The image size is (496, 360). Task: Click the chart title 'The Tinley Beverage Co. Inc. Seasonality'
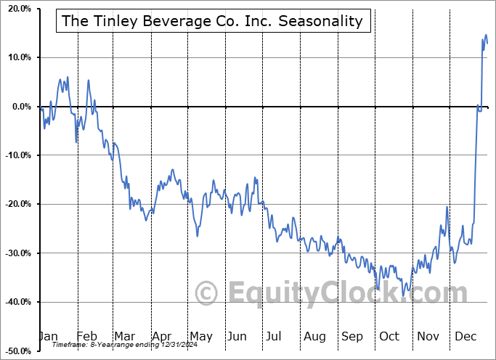pyautogui.click(x=213, y=21)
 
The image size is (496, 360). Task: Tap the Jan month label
pyautogui.click(x=48, y=336)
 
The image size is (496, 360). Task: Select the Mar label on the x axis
pyautogui.click(x=125, y=336)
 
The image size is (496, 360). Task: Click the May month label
pyautogui.click(x=200, y=336)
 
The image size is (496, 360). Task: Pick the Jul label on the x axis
pyautogui.click(x=274, y=336)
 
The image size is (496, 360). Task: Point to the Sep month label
pyautogui.click(x=352, y=336)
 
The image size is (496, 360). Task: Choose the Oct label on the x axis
pyautogui.click(x=389, y=336)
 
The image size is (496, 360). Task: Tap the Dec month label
pyautogui.click(x=465, y=336)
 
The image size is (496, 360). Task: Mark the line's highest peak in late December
pyautogui.click(x=486, y=35)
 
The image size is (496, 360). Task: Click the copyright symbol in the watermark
pyautogui.click(x=208, y=294)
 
